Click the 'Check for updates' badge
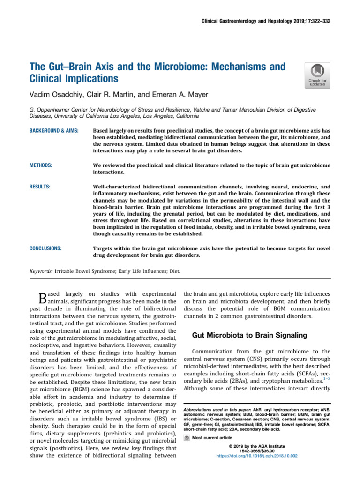pos(317,75)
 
